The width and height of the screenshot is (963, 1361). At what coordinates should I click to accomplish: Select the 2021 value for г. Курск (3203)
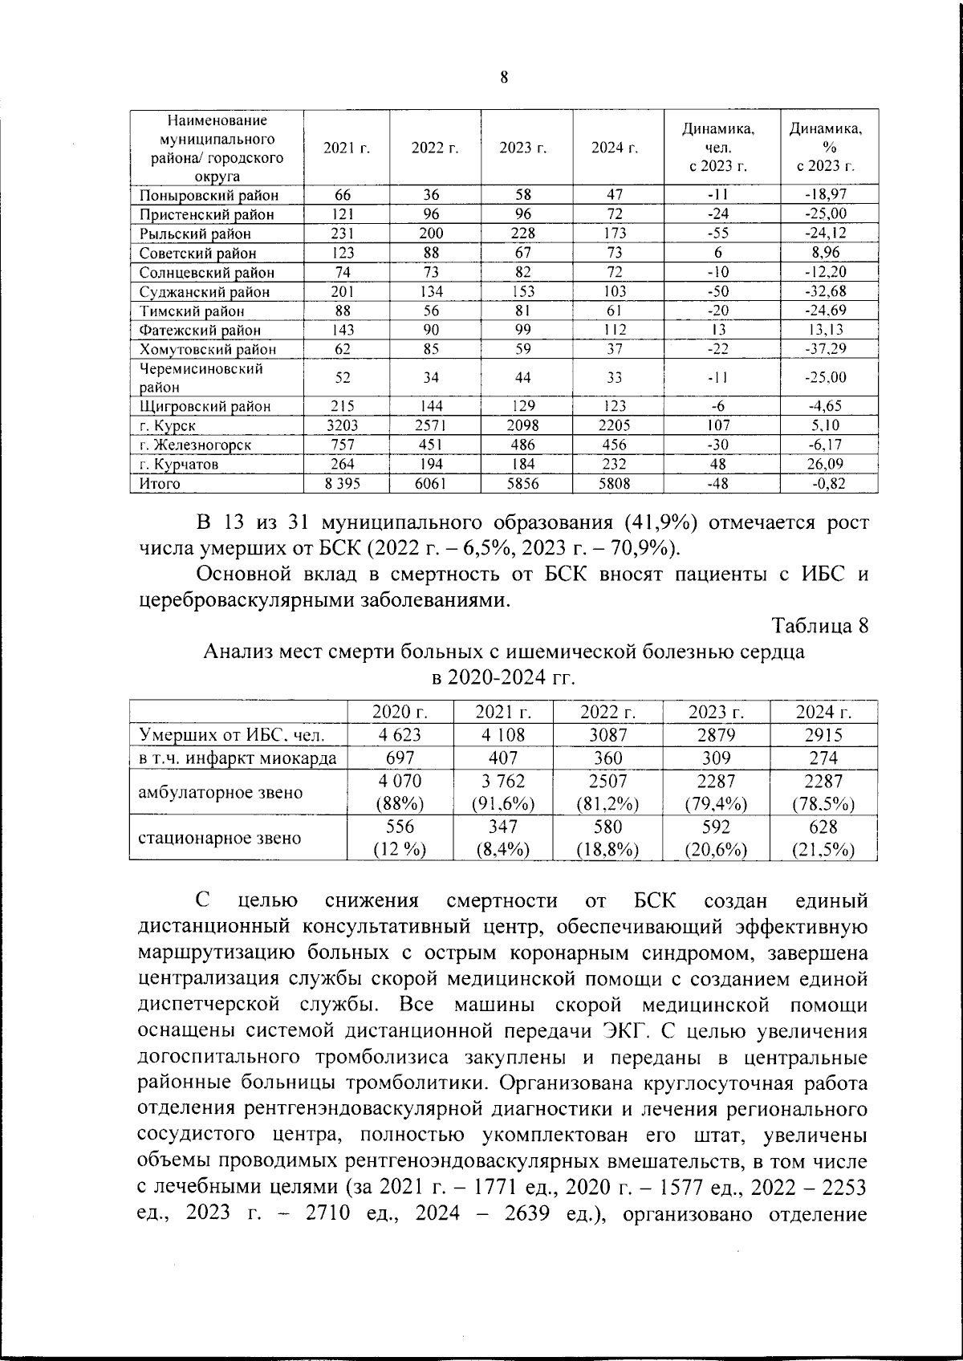tap(346, 425)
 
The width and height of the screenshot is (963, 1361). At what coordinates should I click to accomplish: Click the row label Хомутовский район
tap(208, 349)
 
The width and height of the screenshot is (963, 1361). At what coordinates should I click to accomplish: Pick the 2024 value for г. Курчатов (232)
tap(614, 464)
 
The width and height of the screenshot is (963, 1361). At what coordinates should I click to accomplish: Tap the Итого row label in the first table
tap(160, 483)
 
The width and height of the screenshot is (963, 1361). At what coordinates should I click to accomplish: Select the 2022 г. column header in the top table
tap(434, 148)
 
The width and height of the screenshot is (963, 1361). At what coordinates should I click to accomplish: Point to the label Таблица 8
tap(819, 625)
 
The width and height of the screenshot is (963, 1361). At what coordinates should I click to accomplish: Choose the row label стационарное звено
tap(220, 838)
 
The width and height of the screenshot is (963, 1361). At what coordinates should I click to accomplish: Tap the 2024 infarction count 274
tap(823, 758)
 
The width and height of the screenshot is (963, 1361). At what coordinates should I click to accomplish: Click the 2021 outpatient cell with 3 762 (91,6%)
tap(503, 792)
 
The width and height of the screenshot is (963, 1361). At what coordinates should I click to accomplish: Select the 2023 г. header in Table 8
tap(716, 712)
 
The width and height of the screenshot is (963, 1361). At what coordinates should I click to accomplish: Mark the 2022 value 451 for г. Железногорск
tap(434, 445)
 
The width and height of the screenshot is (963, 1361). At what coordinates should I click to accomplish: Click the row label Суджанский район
tap(205, 292)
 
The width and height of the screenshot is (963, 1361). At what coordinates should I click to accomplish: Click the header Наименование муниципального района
tap(217, 148)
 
